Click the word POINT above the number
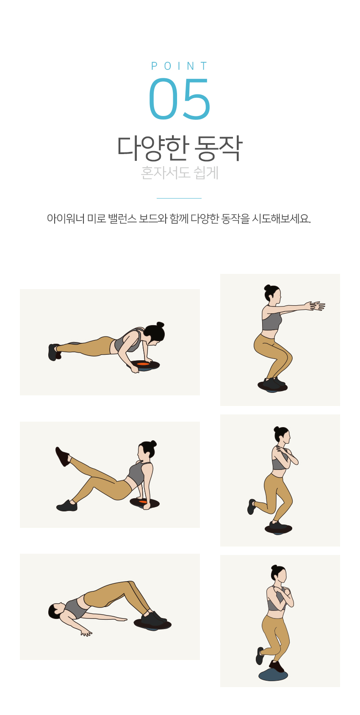(180, 66)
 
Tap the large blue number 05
(180, 99)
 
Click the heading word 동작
(219, 148)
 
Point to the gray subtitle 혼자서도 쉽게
(180, 173)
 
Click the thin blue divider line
(179, 198)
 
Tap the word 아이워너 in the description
(66, 219)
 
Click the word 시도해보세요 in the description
(281, 219)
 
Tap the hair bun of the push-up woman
(160, 325)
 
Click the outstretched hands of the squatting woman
(315, 306)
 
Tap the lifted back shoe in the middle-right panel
(252, 507)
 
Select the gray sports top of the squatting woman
(271, 321)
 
